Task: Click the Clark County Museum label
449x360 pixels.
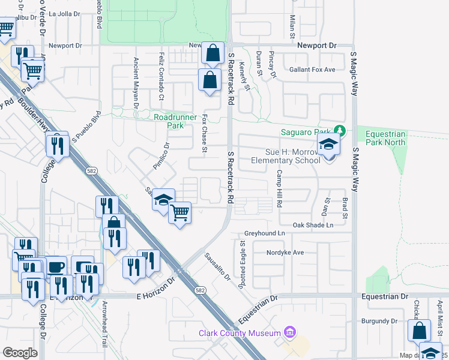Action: click(x=240, y=333)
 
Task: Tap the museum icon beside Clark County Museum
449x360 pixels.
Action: click(x=290, y=332)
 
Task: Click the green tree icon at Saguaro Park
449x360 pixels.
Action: click(x=339, y=131)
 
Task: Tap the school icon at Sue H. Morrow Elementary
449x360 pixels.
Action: click(x=329, y=145)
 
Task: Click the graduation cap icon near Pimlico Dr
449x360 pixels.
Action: click(x=163, y=199)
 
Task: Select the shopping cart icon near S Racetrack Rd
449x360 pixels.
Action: click(x=180, y=211)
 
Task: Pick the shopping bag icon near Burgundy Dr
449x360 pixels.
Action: click(x=419, y=330)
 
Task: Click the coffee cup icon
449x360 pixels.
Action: click(x=56, y=266)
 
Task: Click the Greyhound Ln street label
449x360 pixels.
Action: click(x=264, y=233)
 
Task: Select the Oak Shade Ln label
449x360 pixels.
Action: click(x=313, y=225)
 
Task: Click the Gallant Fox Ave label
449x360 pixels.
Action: click(x=312, y=70)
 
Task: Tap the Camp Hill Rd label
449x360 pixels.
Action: click(x=279, y=188)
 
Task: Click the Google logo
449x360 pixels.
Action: click(x=20, y=353)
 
